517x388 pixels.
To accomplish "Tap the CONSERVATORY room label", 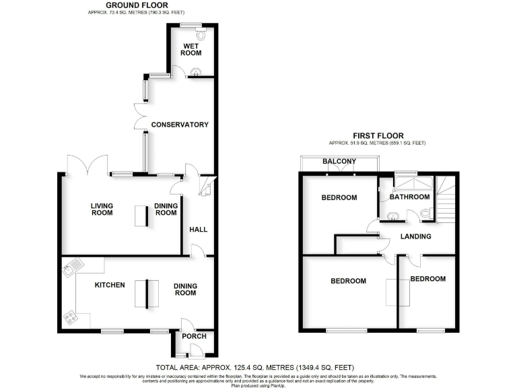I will (180, 125).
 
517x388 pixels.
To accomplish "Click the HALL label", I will (198, 230).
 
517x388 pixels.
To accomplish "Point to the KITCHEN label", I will (110, 285).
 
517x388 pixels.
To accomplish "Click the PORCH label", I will (195, 336).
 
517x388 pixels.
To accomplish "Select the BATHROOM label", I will (409, 197).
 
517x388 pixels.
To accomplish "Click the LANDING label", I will (415, 236).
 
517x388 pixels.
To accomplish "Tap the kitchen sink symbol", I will (71, 269).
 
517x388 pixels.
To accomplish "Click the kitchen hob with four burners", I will (70, 319).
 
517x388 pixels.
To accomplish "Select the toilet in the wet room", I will (203, 34).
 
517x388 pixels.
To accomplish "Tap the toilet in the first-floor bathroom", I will (425, 214).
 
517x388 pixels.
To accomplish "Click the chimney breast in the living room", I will (141, 216).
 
